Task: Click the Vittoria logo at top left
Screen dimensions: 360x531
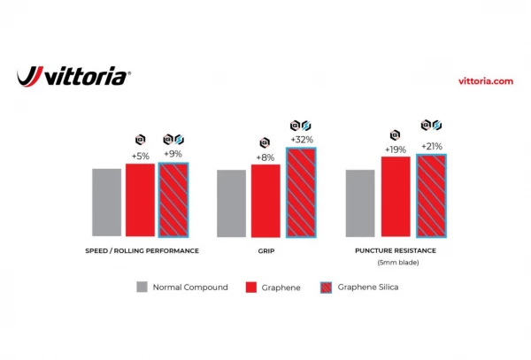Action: (74, 77)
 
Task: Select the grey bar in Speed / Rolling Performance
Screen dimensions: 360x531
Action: (107, 203)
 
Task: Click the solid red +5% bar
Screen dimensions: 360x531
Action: (140, 200)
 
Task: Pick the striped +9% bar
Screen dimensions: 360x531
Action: (173, 200)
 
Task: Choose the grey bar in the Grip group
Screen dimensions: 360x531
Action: (232, 203)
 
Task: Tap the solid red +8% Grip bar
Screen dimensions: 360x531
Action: (265, 201)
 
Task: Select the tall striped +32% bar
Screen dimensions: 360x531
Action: (300, 192)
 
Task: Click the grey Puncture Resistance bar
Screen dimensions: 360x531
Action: (360, 203)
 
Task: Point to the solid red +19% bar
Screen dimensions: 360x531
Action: (396, 196)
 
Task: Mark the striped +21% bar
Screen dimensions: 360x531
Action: (431, 195)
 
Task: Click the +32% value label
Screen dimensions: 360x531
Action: (301, 140)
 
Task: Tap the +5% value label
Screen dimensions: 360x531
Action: (140, 156)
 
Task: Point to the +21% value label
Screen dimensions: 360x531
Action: (431, 146)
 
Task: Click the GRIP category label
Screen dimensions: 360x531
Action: (266, 251)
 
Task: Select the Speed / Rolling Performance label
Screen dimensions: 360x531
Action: (136, 251)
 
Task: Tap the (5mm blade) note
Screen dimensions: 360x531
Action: (398, 263)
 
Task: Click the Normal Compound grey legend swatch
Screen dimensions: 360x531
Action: (142, 287)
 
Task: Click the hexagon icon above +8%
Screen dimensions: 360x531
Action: (265, 142)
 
